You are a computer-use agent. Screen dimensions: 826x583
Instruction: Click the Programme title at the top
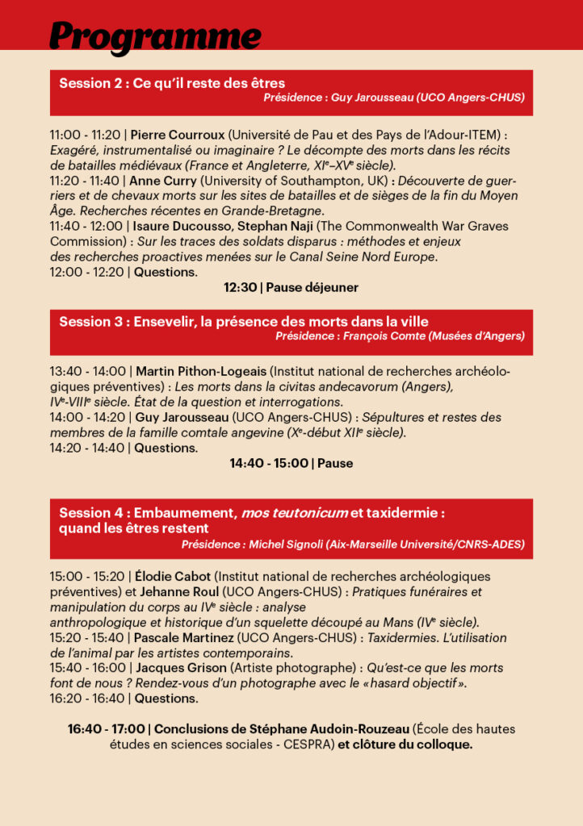pos(155,36)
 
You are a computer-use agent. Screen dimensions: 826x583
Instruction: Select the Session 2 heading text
pos(172,83)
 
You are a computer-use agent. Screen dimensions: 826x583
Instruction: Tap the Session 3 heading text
pos(243,321)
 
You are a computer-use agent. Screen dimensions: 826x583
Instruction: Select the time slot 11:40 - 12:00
pos(86,227)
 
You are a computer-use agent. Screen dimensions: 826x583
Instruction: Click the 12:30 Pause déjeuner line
pos(291,287)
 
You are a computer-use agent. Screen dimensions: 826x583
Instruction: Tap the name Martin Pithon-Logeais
pos(200,371)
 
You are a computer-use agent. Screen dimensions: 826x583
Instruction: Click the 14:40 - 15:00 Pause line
pos(291,463)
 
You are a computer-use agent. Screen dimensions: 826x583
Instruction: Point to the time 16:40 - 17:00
pos(106,729)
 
